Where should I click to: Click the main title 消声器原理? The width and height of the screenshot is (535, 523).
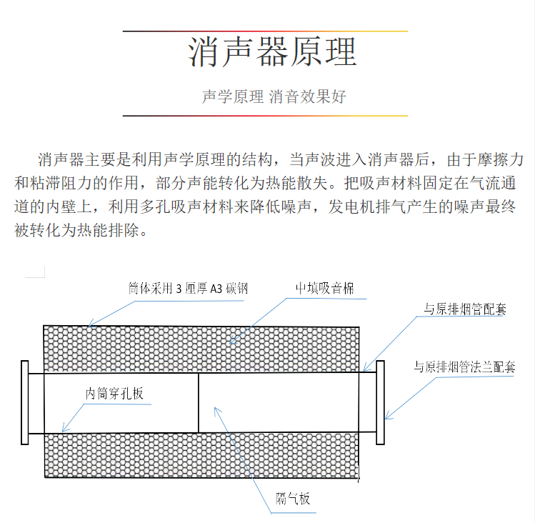point(272,52)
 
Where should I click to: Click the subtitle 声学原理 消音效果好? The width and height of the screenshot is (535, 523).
point(274,96)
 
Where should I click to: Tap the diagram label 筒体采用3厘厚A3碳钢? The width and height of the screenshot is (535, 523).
point(188,289)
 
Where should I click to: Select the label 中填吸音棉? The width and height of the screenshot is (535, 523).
point(325,288)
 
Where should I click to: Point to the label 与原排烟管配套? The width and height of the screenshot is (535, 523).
point(465,309)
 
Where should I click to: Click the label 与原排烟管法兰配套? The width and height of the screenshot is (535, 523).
point(464,367)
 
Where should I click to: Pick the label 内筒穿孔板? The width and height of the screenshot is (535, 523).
point(114,393)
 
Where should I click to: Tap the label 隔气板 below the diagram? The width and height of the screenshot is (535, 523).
point(293,499)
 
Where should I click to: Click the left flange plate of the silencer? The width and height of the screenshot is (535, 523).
point(25,402)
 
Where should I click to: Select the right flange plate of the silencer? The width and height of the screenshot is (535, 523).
point(381,402)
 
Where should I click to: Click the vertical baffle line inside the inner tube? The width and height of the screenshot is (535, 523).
point(199,403)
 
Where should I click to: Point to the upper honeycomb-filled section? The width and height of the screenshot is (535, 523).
point(201,349)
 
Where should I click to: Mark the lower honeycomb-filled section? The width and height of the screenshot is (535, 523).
point(201,455)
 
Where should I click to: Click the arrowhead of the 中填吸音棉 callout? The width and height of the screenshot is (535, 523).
point(231,343)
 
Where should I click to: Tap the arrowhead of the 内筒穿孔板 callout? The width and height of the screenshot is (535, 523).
point(63,431)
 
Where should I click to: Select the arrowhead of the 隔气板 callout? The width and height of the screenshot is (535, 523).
point(215,408)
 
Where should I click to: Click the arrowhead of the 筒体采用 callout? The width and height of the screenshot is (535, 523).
point(89,326)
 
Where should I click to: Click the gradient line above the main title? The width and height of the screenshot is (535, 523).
point(265,31)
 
